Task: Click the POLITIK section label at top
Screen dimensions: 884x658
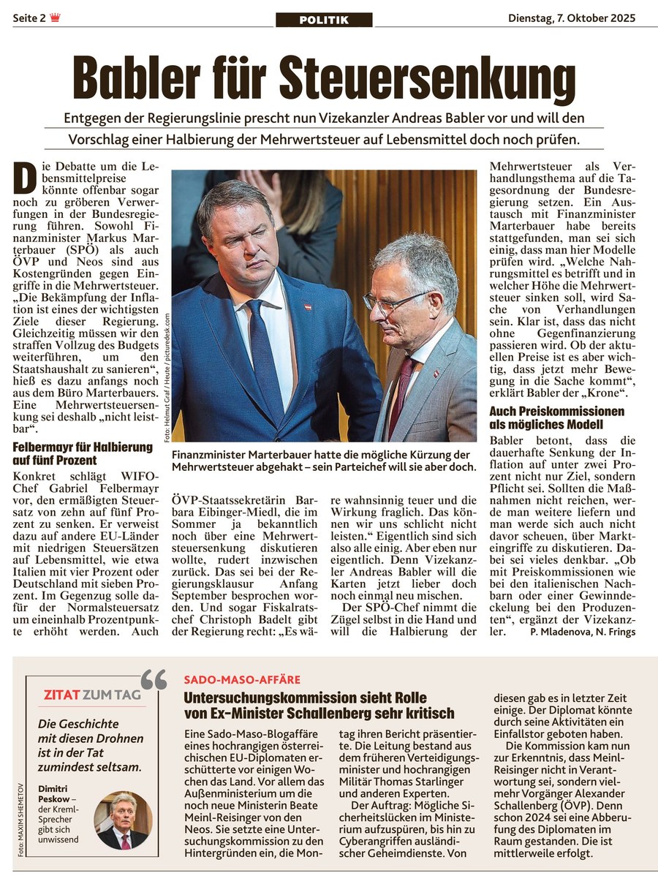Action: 324,20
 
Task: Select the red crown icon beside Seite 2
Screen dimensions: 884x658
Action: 56,18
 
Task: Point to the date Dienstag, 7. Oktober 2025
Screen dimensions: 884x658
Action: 572,18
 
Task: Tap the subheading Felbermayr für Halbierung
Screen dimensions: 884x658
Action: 83,447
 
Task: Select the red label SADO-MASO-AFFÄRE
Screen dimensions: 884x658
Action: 242,680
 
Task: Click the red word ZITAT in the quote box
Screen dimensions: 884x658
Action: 62,695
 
